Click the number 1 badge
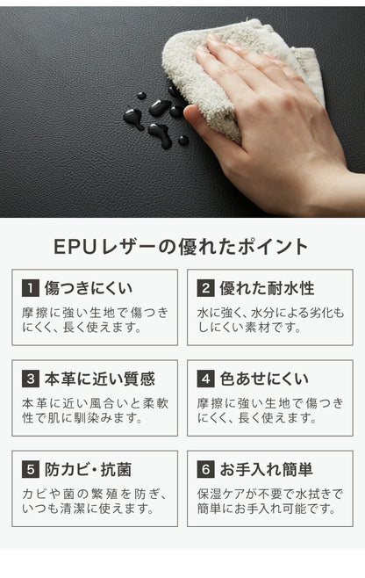(x=31, y=288)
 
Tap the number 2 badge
(x=206, y=288)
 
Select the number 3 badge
(x=31, y=379)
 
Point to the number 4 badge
(x=206, y=379)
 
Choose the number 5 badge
(x=31, y=470)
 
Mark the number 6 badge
(x=206, y=470)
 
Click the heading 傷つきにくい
(x=89, y=288)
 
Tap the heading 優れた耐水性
(x=267, y=288)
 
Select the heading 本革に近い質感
(x=100, y=379)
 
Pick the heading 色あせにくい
(x=264, y=379)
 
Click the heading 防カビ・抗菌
(x=88, y=470)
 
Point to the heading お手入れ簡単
(x=266, y=470)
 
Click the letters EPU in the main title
(x=75, y=247)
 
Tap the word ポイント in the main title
(x=273, y=247)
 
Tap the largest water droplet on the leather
(x=161, y=134)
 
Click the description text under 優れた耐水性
(x=270, y=320)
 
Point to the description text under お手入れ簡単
(x=270, y=502)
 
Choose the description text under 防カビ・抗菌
(x=95, y=502)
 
